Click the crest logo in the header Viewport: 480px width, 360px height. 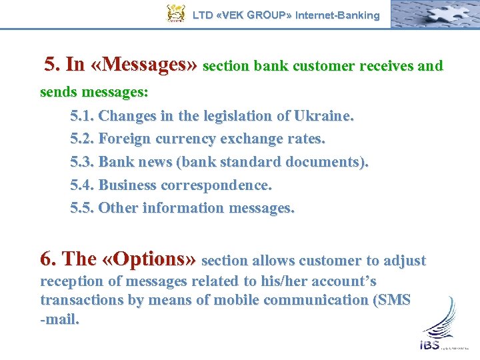[175, 13]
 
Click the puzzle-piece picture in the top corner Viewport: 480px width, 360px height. [434, 13]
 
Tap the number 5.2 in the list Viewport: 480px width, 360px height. [82, 139]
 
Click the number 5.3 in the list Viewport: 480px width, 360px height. [82, 162]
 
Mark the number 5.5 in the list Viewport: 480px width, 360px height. [82, 207]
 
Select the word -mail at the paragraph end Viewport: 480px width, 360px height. [60, 319]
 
